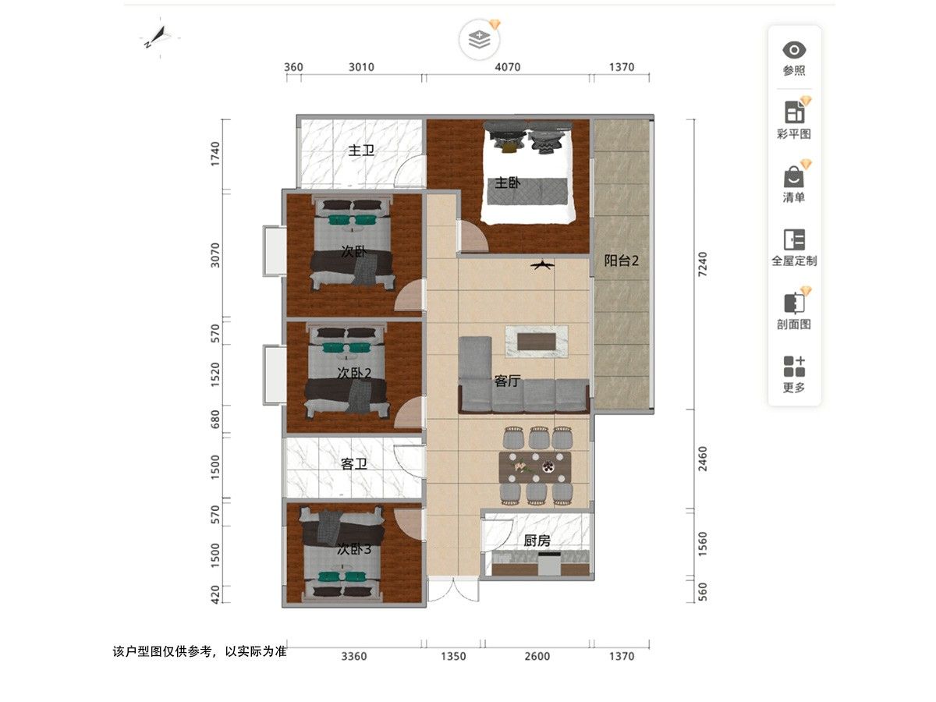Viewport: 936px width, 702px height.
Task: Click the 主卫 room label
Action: tap(361, 151)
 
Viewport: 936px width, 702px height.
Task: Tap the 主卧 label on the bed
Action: tap(507, 183)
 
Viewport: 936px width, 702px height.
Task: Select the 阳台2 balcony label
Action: tap(622, 261)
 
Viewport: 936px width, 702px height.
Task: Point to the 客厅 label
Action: tap(507, 381)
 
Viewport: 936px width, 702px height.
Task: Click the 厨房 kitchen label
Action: tap(537, 541)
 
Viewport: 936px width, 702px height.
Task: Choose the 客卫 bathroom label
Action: tap(354, 464)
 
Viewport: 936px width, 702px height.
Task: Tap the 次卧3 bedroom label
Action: tap(354, 549)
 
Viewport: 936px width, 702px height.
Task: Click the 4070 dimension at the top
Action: tap(508, 67)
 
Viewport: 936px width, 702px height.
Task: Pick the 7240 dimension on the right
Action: tap(702, 264)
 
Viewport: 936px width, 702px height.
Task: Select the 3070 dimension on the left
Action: tap(215, 255)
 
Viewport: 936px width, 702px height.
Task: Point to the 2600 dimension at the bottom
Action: tap(537, 656)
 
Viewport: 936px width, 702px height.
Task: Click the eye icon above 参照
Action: tap(794, 50)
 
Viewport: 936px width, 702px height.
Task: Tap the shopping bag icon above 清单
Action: tap(794, 177)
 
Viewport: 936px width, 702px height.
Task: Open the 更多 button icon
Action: tap(794, 367)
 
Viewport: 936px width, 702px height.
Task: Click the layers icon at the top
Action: tap(480, 40)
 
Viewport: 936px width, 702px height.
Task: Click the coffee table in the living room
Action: tap(537, 342)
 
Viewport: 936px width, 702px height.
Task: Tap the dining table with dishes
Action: tap(535, 467)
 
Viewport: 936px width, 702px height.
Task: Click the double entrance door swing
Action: tap(453, 590)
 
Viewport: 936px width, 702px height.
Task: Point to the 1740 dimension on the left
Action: tap(215, 154)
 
